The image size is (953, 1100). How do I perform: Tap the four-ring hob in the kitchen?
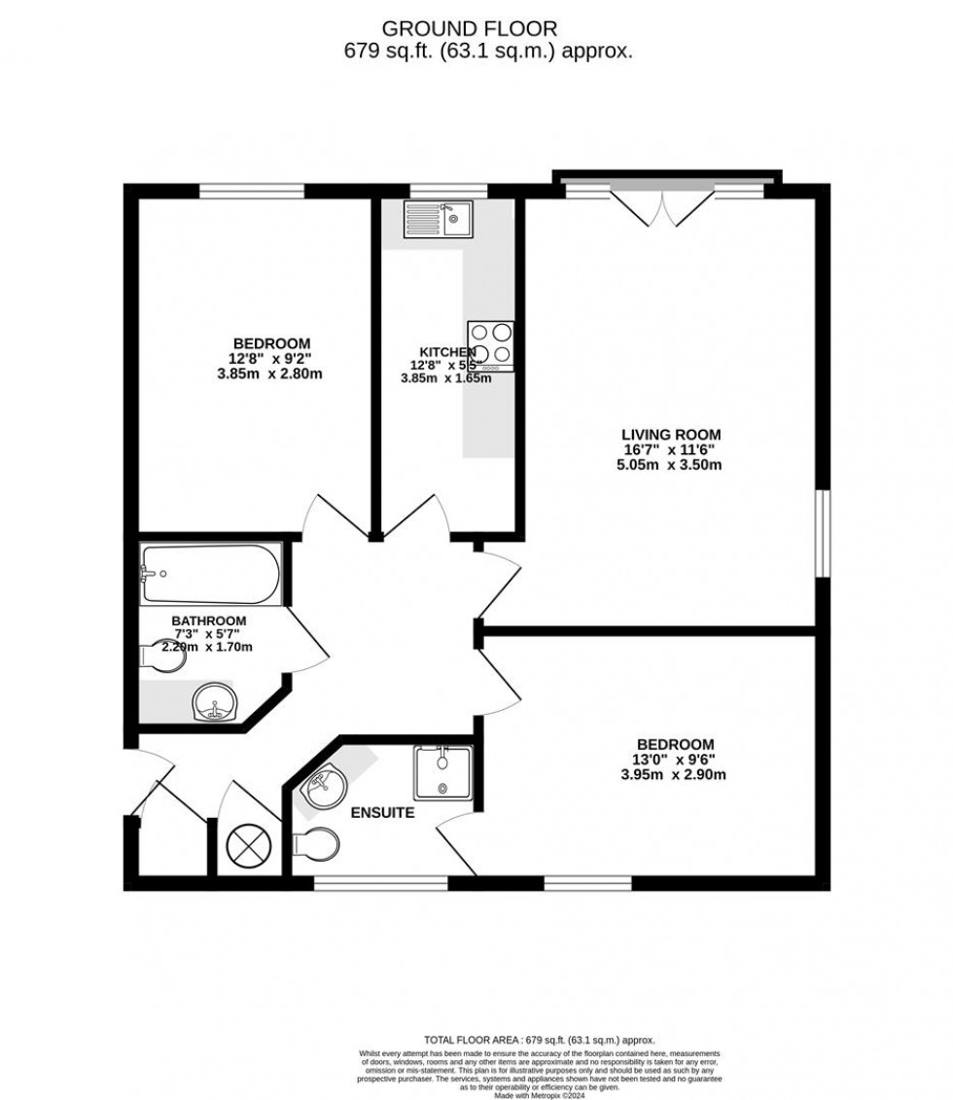(489, 345)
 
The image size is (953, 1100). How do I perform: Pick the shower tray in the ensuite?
(442, 771)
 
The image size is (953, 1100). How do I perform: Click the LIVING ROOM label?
(671, 435)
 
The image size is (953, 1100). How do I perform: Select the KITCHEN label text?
(447, 352)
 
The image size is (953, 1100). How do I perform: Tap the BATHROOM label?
(209, 621)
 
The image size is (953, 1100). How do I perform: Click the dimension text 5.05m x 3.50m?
(671, 465)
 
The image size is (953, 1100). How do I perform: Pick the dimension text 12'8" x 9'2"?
(271, 358)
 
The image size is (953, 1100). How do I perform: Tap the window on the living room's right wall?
(823, 532)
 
